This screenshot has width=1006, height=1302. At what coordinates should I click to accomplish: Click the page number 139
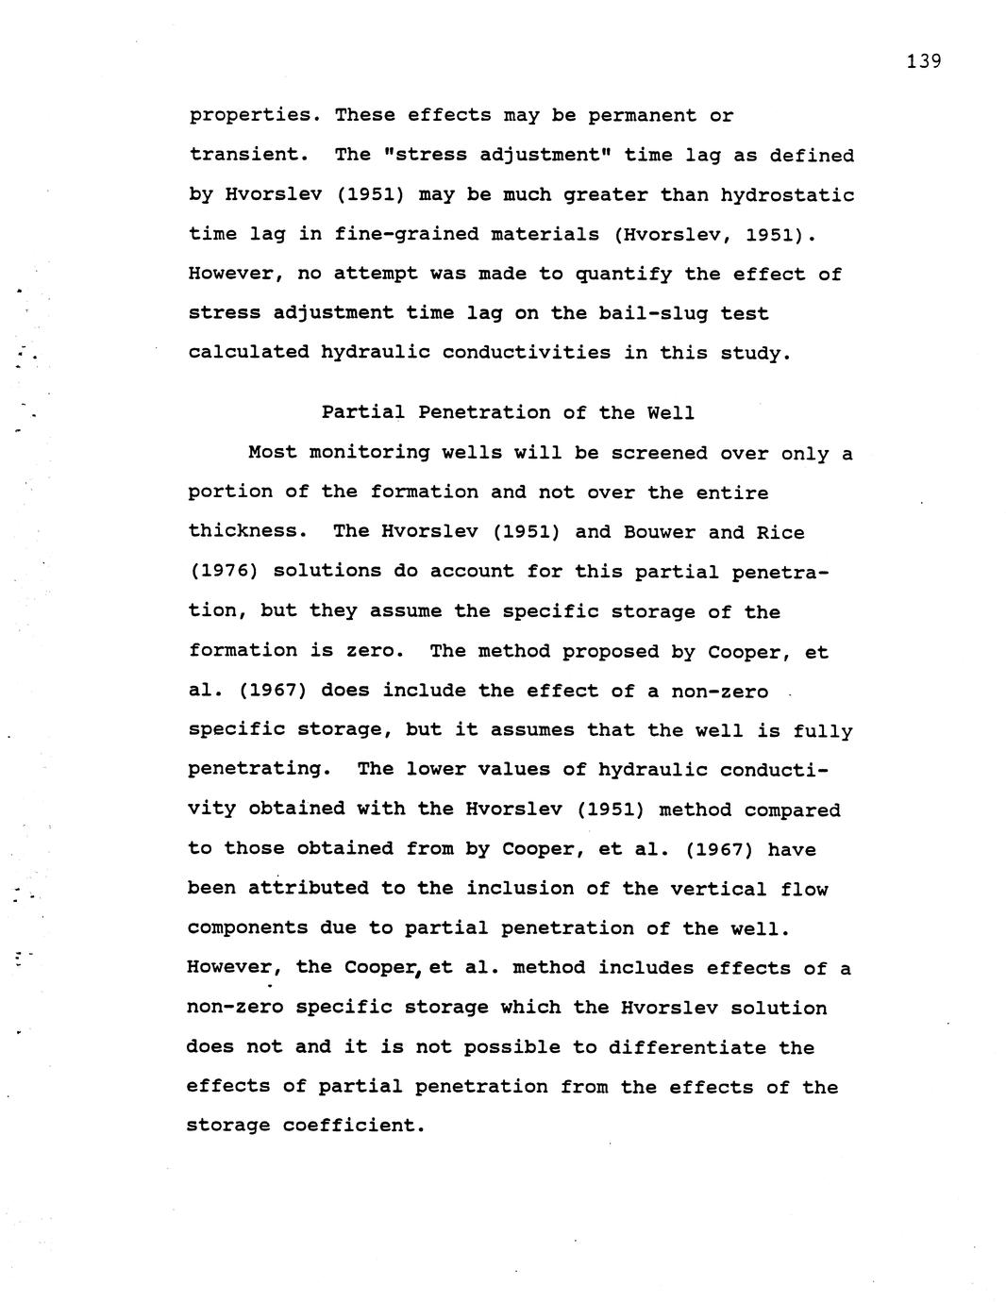click(923, 62)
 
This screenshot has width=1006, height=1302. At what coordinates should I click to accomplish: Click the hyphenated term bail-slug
click(654, 313)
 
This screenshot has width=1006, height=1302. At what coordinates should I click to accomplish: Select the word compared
click(792, 810)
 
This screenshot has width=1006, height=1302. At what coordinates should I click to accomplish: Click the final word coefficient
click(354, 1126)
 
